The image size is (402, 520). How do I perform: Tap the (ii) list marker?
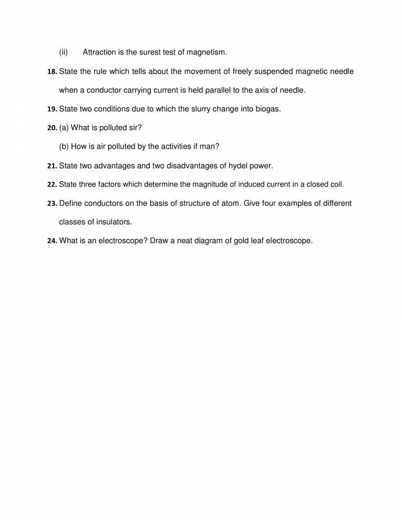click(64, 52)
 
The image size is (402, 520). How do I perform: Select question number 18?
click(52, 71)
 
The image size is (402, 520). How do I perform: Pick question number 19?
click(52, 109)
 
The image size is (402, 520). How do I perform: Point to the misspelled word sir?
click(136, 128)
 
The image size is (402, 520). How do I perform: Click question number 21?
click(52, 166)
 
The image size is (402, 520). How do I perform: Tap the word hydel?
click(238, 165)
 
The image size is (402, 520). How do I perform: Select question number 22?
click(52, 185)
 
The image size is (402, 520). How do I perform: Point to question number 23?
click(52, 204)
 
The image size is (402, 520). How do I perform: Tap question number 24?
click(52, 242)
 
